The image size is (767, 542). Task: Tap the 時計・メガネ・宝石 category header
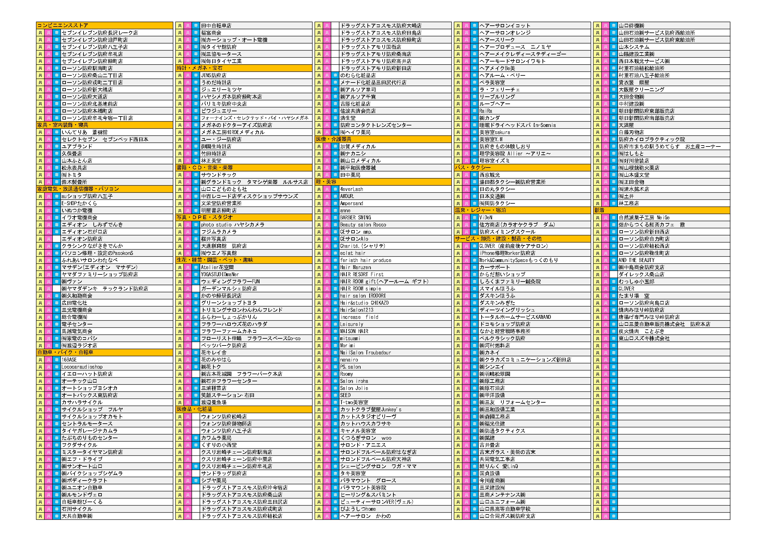tap(200, 68)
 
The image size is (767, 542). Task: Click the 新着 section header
tap(600, 210)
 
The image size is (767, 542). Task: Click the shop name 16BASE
tap(69, 360)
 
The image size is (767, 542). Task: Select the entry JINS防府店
tap(214, 75)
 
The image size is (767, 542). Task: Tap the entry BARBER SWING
tap(355, 218)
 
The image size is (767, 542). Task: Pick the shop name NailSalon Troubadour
tap(365, 353)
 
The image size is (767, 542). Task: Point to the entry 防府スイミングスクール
tap(507, 232)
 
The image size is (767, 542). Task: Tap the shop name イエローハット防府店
tap(87, 374)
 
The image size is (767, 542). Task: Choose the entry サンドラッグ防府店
tap(224, 474)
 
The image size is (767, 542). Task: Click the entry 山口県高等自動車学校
tap(509, 509)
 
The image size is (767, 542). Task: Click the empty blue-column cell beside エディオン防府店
tap(57, 239)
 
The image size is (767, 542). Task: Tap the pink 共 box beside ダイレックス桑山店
tap(606, 275)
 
